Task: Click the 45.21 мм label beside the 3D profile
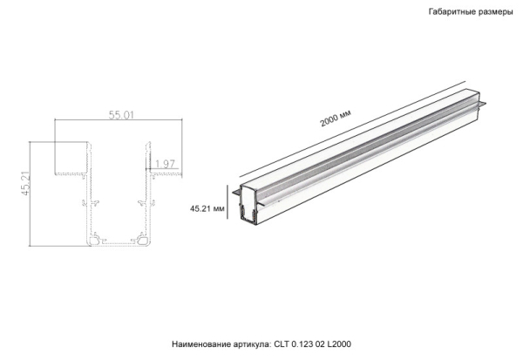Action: (x=207, y=209)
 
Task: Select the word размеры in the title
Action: (x=496, y=13)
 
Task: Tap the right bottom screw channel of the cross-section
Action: (x=136, y=237)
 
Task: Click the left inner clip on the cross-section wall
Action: (x=91, y=203)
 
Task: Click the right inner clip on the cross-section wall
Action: (x=139, y=203)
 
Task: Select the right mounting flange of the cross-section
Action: (x=166, y=174)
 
